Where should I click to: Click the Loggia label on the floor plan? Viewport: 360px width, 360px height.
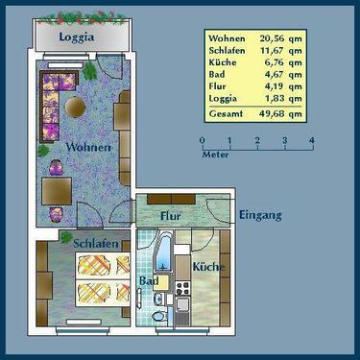[77, 37]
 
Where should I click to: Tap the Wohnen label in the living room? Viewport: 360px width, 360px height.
[87, 147]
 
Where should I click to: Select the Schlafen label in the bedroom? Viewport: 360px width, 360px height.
[95, 244]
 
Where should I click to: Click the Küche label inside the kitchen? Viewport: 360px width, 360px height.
[206, 266]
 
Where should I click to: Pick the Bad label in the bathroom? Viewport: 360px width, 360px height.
[149, 281]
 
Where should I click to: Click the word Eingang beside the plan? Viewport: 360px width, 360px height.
[260, 215]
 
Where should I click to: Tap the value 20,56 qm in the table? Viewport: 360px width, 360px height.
[281, 39]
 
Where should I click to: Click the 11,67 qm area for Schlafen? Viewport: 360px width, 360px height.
[281, 54]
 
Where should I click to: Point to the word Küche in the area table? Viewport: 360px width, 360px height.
[222, 68]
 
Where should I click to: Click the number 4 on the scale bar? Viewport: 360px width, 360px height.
[312, 141]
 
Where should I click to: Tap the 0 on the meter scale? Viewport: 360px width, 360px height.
[203, 141]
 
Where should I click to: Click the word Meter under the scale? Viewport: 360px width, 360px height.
[216, 154]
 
